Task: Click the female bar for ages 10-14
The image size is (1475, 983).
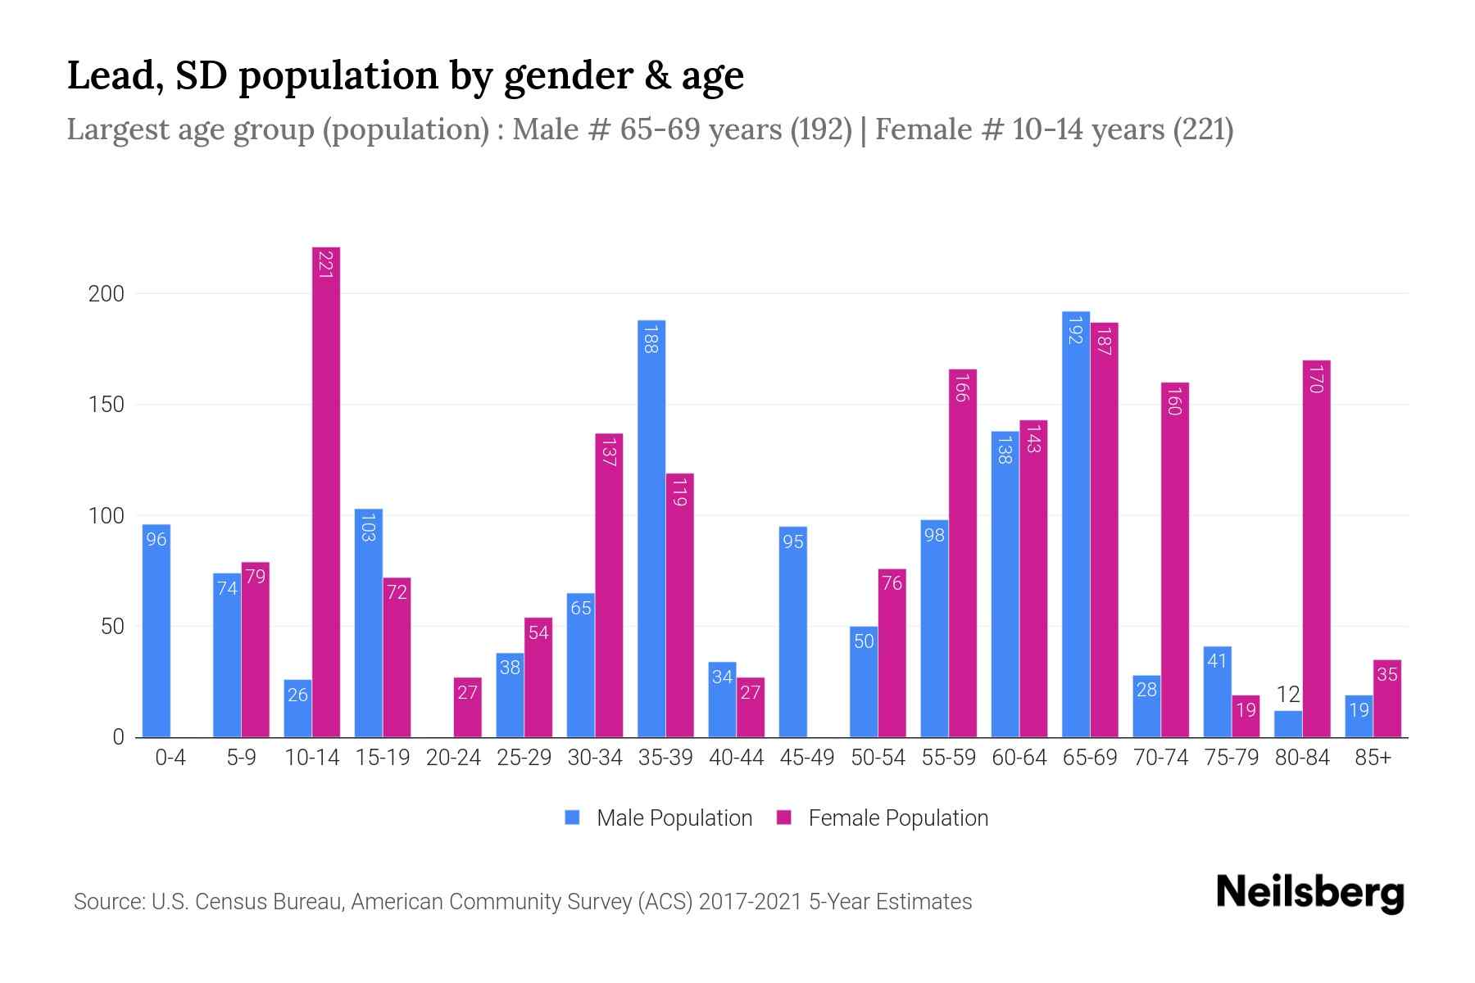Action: pos(326,491)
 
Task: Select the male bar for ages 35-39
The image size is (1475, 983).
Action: pos(651,528)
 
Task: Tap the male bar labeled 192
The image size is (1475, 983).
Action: pos(1076,524)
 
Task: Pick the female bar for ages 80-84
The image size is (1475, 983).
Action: pos(1316,549)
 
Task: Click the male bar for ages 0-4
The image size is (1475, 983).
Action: pos(157,631)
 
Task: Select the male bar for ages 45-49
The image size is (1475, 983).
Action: pos(792,632)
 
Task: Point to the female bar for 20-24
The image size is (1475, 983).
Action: pos(467,707)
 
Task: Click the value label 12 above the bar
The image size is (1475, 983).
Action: pos(1288,695)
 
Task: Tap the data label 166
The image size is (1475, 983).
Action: pos(962,388)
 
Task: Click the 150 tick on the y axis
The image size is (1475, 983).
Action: pos(106,405)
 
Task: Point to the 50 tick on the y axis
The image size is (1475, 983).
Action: pos(111,627)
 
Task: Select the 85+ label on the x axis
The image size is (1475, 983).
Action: pos(1373,758)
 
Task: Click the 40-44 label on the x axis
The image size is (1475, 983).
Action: pos(736,758)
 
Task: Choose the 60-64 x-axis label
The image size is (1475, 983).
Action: pos(1019,758)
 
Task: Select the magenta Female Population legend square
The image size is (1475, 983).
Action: pos(784,818)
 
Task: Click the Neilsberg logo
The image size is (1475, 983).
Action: pos(1309,892)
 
